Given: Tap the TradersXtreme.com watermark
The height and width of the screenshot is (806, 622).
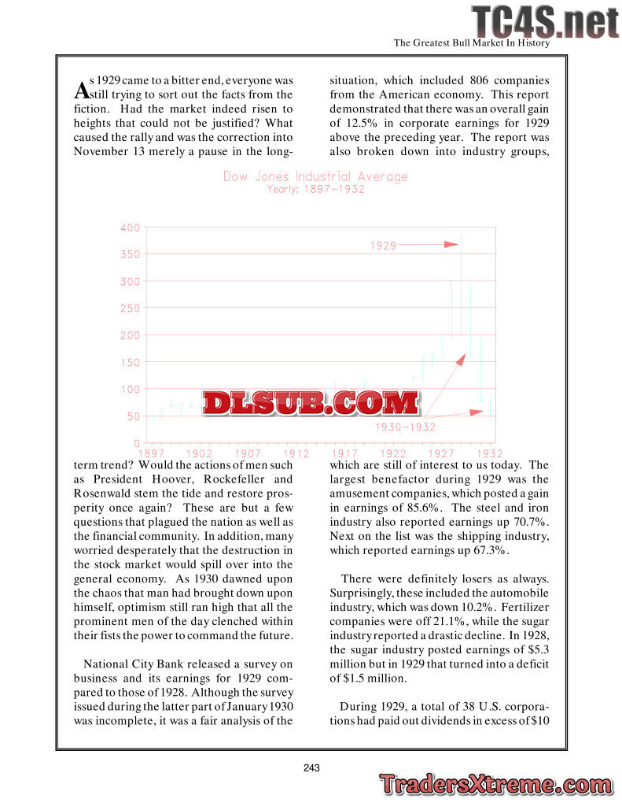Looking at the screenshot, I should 495,785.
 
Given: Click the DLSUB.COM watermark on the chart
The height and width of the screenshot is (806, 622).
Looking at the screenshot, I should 311,402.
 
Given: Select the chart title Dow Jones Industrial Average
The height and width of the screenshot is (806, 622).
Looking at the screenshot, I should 315,176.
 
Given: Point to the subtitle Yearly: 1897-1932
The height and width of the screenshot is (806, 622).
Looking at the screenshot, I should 315,190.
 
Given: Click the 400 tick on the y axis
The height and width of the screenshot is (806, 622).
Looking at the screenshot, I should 131,227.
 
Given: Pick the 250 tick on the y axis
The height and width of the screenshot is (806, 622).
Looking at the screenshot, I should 131,309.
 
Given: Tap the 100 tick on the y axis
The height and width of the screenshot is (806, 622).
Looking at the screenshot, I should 131,389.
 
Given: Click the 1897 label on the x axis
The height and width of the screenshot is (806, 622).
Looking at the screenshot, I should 152,454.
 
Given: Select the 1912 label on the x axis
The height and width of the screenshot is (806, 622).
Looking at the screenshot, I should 296,454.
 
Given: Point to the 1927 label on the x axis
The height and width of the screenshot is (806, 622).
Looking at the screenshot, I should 441,454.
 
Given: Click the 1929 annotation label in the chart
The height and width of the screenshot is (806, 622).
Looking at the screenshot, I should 383,246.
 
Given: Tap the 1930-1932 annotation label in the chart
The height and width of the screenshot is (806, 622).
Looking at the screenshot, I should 405,427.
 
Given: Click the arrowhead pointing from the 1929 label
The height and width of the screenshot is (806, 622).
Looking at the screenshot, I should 451,245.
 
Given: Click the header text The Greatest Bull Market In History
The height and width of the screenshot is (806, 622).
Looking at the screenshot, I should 471,43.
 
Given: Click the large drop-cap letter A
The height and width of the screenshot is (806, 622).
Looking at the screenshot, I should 81,90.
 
